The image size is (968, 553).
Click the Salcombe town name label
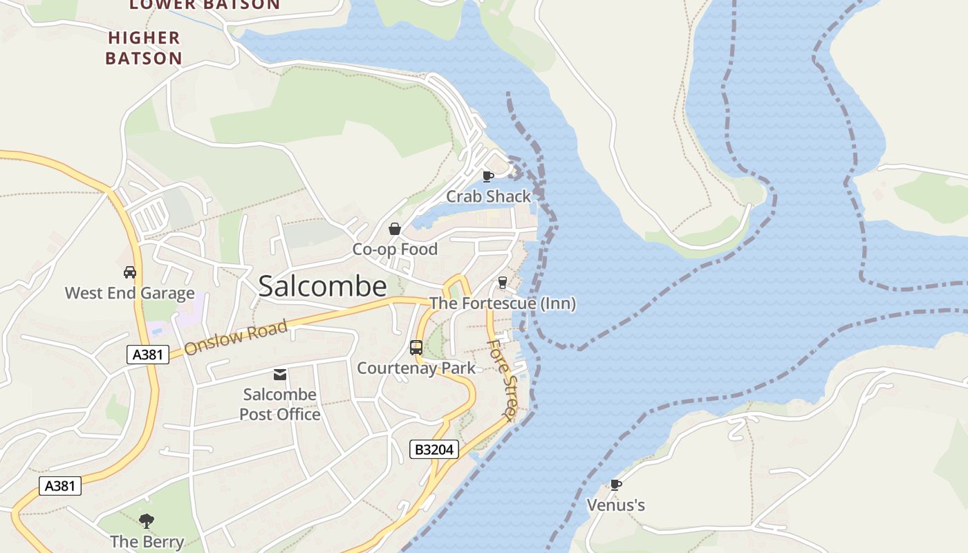pyautogui.click(x=322, y=287)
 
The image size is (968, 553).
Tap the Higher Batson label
pyautogui.click(x=144, y=48)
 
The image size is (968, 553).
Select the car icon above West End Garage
pyautogui.click(x=129, y=272)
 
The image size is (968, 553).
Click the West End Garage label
pyautogui.click(x=129, y=293)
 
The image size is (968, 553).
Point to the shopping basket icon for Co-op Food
pyautogui.click(x=395, y=229)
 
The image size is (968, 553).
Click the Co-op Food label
pyautogui.click(x=395, y=249)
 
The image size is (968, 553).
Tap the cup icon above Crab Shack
pyautogui.click(x=488, y=176)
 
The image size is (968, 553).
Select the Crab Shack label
pyautogui.click(x=488, y=196)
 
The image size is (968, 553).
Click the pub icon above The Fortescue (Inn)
pyautogui.click(x=503, y=283)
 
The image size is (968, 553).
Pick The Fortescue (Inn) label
pyautogui.click(x=503, y=303)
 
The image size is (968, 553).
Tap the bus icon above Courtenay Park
pyautogui.click(x=416, y=348)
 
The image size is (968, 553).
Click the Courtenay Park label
pyautogui.click(x=416, y=368)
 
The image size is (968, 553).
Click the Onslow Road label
pyautogui.click(x=236, y=338)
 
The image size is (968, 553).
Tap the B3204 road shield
pyautogui.click(x=434, y=449)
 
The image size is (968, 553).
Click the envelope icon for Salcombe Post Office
pyautogui.click(x=280, y=375)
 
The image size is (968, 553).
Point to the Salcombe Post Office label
pyautogui.click(x=280, y=404)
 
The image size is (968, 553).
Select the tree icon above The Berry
pyautogui.click(x=147, y=521)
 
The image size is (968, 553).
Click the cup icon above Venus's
pyautogui.click(x=615, y=485)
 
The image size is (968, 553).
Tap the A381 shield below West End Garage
pyautogui.click(x=148, y=355)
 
